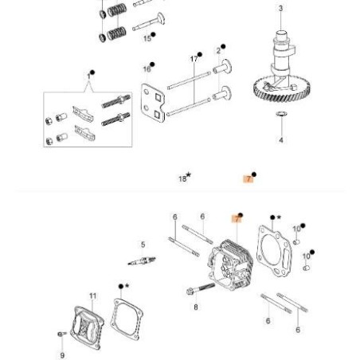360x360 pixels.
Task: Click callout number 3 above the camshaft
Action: tap(280, 9)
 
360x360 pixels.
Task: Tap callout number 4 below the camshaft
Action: tap(281, 140)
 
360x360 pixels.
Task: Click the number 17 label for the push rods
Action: tap(194, 58)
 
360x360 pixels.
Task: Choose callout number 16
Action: tap(147, 69)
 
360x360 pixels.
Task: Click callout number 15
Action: tap(147, 37)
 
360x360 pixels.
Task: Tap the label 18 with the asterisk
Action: tap(184, 179)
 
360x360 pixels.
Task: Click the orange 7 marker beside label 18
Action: tap(248, 179)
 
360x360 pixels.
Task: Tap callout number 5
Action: tap(143, 245)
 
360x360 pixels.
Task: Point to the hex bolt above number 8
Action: tap(196, 288)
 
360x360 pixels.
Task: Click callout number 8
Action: tap(196, 305)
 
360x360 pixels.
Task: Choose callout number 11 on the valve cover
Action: tap(92, 296)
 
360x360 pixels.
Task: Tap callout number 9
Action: tap(62, 354)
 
